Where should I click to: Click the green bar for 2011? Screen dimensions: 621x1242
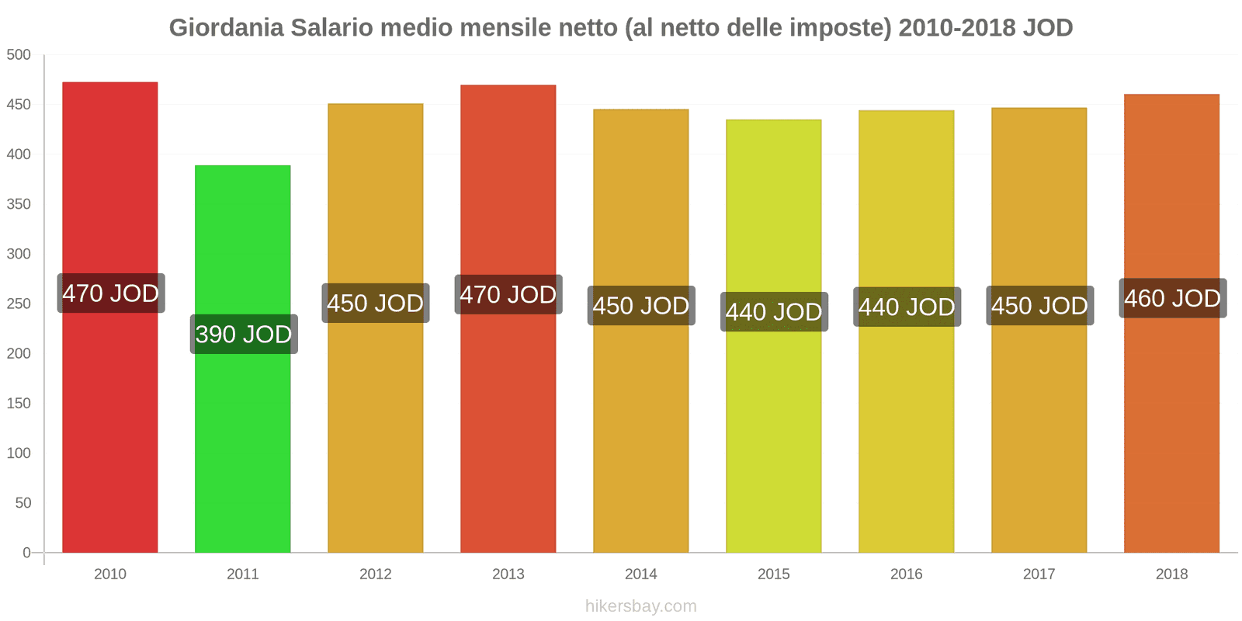pos(243,435)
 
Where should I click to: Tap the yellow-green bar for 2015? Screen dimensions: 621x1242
pos(774,435)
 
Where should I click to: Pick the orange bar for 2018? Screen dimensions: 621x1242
pos(1171,435)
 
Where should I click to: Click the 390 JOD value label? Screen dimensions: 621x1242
pos(244,335)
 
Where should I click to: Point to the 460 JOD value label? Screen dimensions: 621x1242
pos(1172,298)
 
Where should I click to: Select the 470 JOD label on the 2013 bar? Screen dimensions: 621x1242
pos(508,295)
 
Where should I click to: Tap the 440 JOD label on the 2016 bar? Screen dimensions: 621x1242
pos(907,307)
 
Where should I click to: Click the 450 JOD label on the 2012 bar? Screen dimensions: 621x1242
pos(376,304)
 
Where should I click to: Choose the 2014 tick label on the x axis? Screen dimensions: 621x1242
pos(641,574)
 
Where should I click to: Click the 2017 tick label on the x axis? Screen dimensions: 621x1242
pos(1039,574)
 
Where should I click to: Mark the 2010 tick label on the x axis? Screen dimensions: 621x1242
pos(110,574)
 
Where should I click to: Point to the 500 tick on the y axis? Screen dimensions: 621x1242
pos(19,54)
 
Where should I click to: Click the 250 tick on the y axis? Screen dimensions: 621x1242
pos(19,304)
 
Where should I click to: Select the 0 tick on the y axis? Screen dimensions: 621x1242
pos(26,553)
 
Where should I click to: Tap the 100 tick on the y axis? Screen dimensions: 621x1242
pos(19,453)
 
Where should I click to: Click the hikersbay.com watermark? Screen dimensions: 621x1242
pos(641,606)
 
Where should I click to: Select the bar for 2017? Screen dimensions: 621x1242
pos(1039,435)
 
